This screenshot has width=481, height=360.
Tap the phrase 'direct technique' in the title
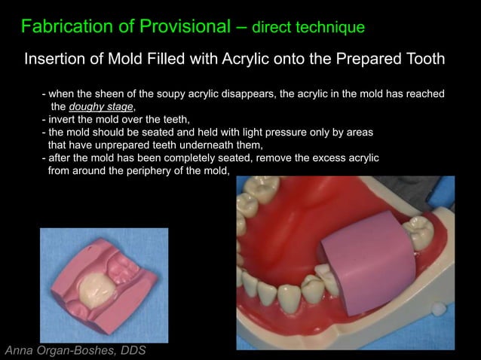tap(308, 28)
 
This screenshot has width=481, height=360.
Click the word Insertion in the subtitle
tap(57, 59)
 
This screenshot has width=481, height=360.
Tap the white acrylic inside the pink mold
tap(100, 288)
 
